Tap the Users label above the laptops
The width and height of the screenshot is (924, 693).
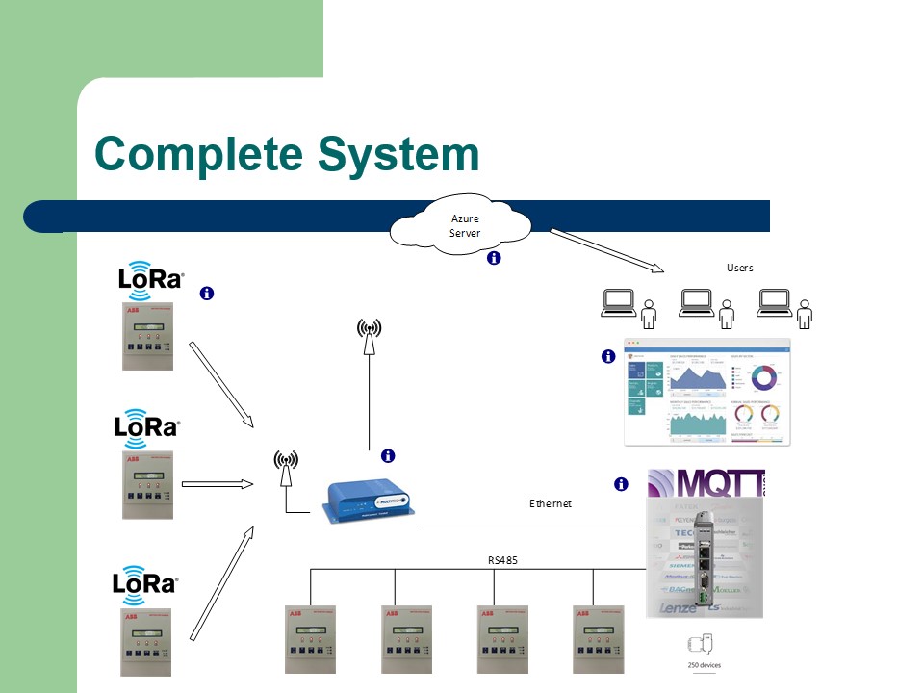point(739,268)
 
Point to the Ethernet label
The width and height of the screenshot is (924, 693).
point(551,503)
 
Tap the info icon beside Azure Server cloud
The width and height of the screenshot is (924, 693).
point(494,258)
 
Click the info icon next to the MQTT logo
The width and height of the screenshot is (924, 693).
point(621,484)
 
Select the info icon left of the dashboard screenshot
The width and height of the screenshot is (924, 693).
point(607,356)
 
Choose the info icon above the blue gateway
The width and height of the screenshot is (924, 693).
point(389,455)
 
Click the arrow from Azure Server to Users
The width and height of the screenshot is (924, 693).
point(606,250)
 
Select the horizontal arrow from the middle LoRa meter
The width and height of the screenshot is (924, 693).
point(217,484)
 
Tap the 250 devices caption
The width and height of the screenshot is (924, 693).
point(704,665)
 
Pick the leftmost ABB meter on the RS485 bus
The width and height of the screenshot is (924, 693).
point(311,639)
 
